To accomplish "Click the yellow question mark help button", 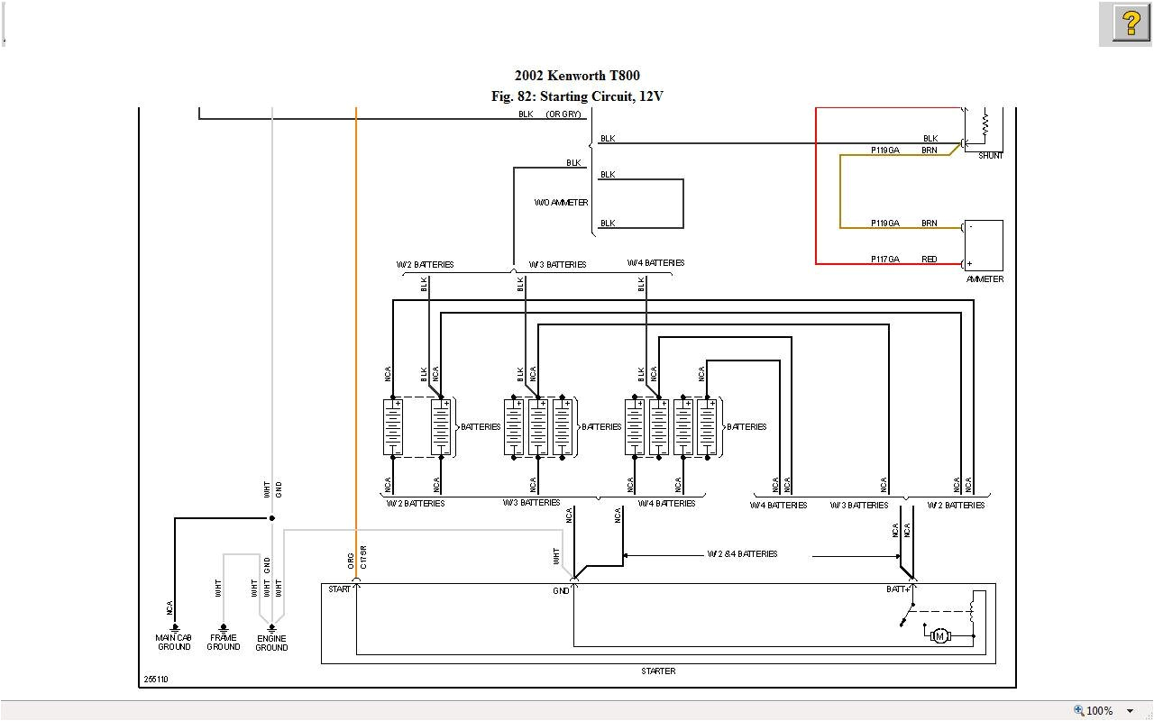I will [1131, 23].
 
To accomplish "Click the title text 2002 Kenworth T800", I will [577, 76].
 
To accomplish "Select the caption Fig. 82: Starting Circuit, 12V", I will [577, 96].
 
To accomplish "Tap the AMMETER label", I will [985, 279].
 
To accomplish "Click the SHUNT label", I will [990, 156].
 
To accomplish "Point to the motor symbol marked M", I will [940, 636].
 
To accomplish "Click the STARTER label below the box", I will [658, 671].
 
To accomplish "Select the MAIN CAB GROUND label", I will [174, 643].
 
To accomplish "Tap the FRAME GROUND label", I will [223, 643].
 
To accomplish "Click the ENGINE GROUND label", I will [271, 643].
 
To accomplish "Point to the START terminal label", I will [340, 589].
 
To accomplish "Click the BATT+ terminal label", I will [898, 589].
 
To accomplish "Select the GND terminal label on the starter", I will [561, 591].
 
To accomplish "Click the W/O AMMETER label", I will [561, 203].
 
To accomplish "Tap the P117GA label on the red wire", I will [884, 260].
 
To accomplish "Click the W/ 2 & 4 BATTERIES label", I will [742, 554].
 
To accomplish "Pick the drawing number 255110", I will [156, 680].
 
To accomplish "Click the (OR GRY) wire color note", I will [563, 114].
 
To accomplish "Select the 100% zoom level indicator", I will [1099, 711].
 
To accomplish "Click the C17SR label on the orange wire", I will [363, 556].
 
